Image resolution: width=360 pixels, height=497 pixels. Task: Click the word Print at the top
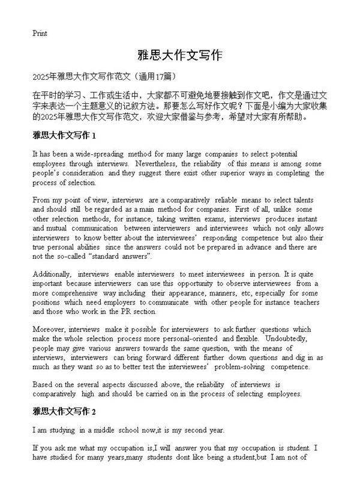point(40,33)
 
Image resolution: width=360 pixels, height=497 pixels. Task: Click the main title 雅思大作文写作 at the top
point(180,56)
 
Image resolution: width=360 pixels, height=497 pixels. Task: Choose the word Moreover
point(49,329)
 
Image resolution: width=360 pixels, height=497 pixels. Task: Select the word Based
point(43,384)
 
